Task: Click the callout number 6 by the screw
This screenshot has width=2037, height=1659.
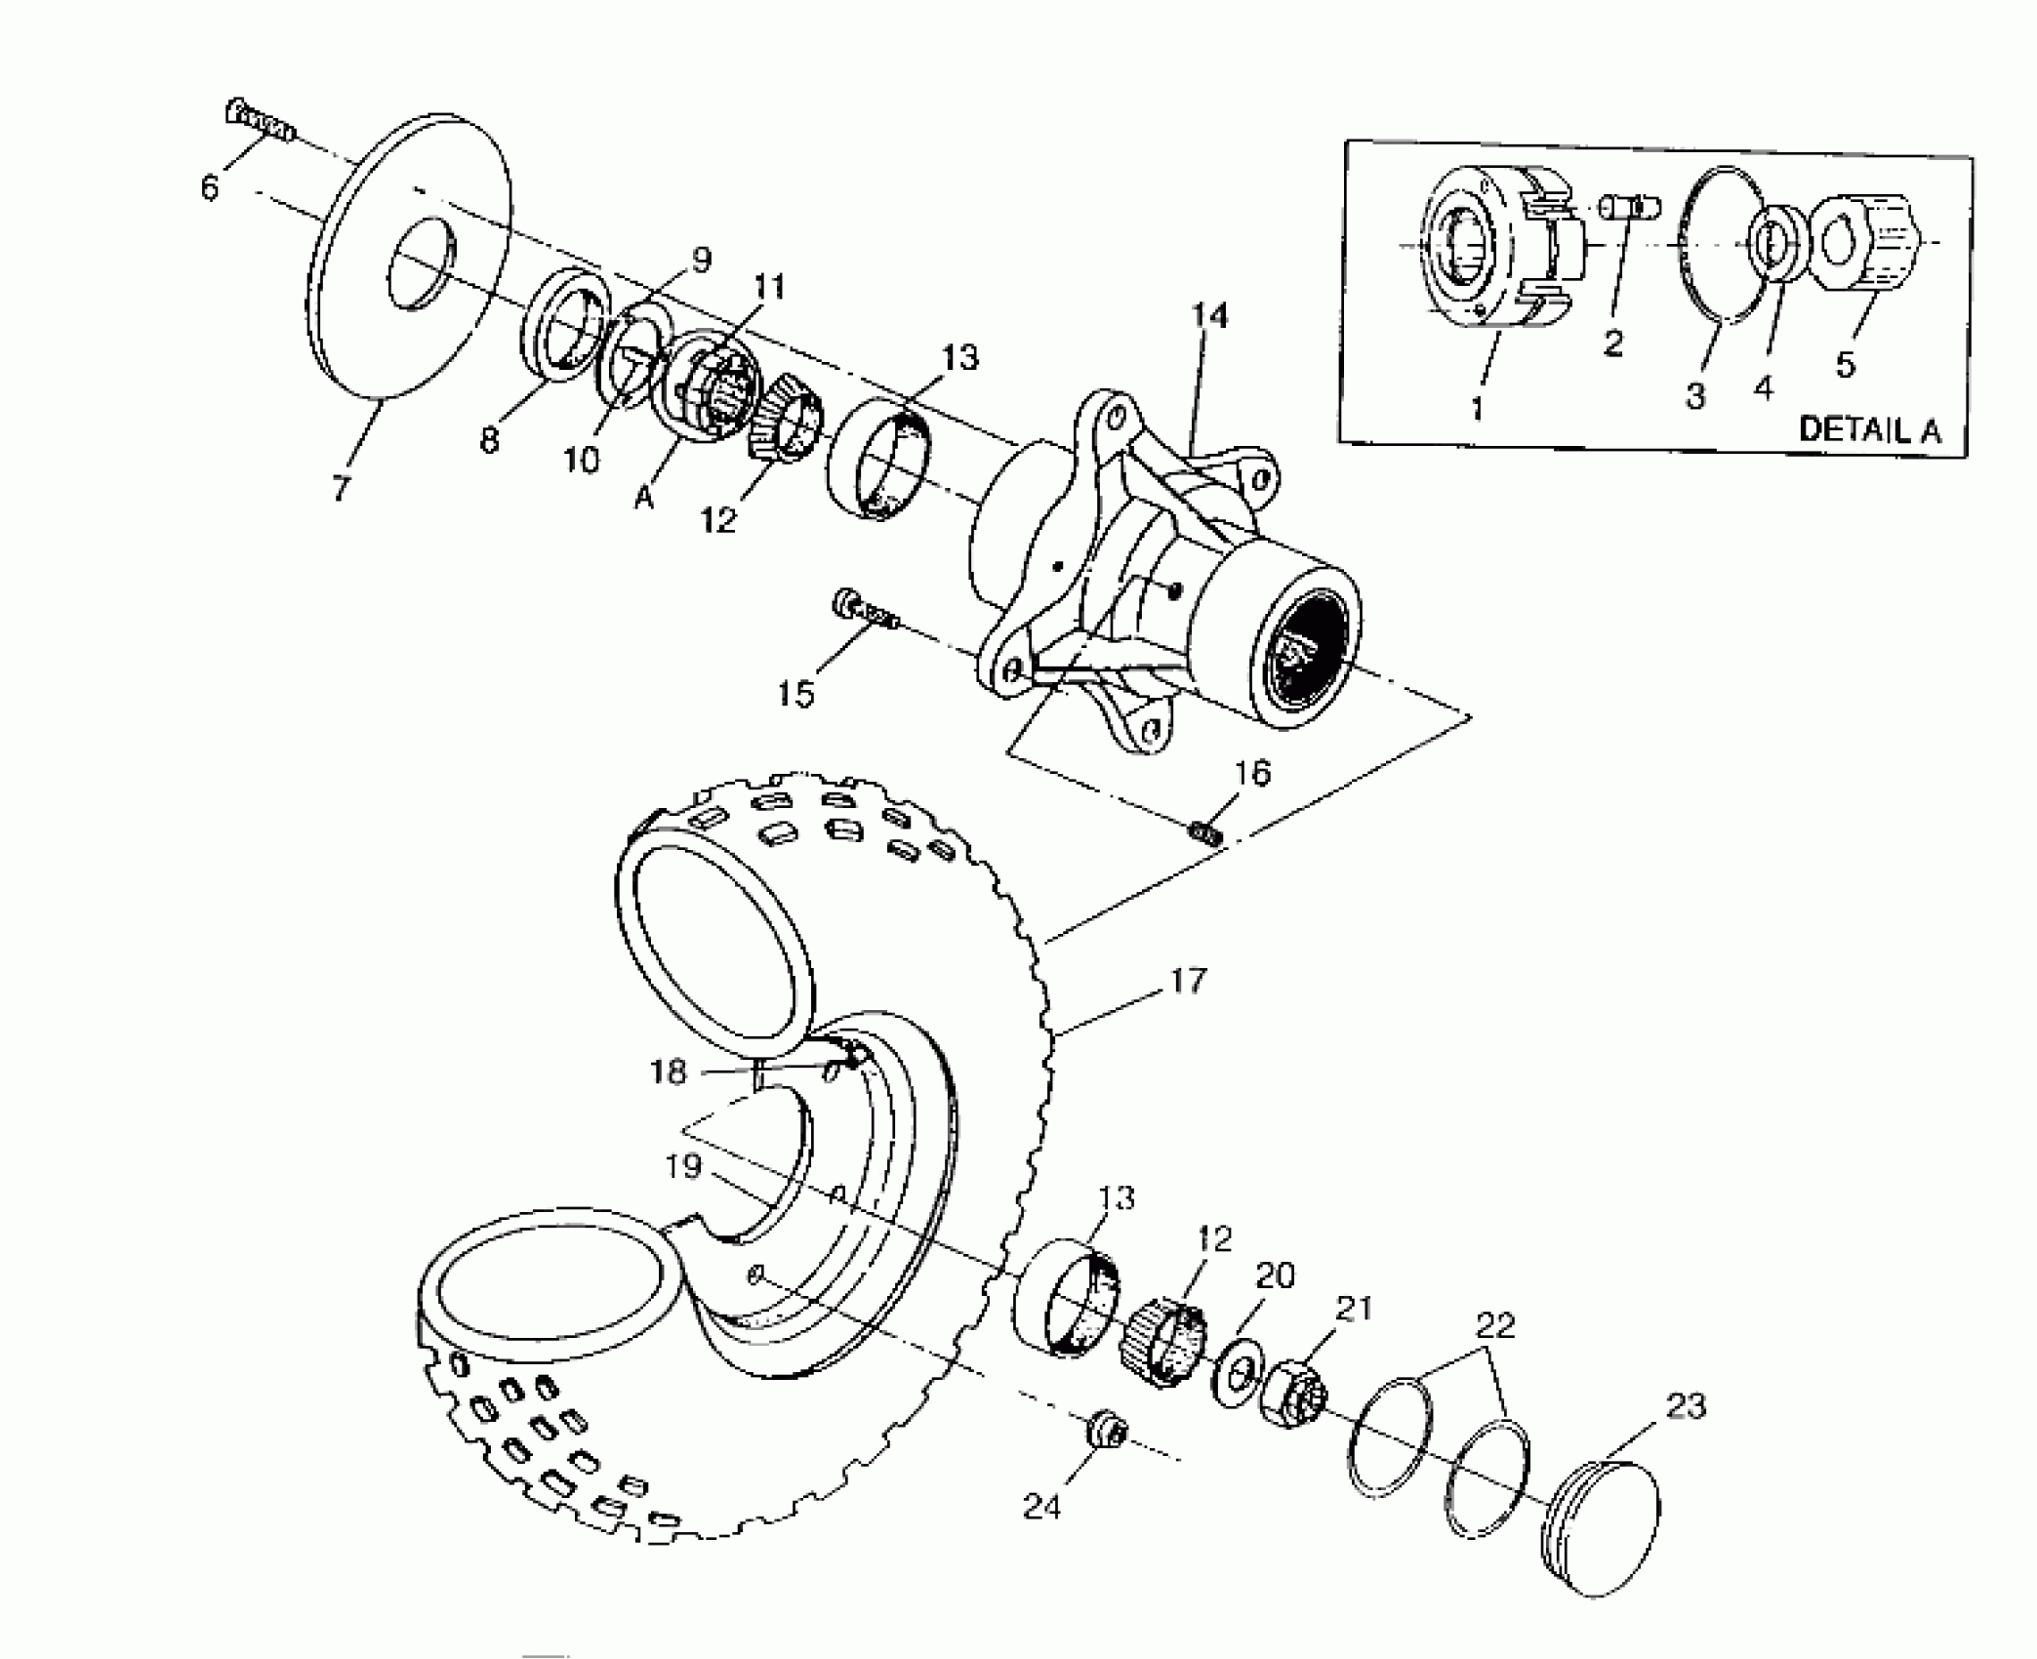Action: pyautogui.click(x=210, y=185)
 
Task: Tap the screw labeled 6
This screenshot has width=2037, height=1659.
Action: pyautogui.click(x=259, y=120)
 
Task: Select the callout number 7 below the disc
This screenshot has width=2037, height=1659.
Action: pyautogui.click(x=340, y=487)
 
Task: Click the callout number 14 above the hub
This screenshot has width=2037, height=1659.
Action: pyautogui.click(x=1209, y=315)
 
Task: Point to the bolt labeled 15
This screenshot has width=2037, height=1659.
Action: pyautogui.click(x=866, y=611)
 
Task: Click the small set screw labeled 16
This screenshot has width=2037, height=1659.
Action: pyautogui.click(x=1206, y=832)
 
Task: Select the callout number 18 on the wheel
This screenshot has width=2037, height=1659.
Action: pyautogui.click(x=669, y=1072)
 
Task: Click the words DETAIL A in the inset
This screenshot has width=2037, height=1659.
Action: pyautogui.click(x=1869, y=429)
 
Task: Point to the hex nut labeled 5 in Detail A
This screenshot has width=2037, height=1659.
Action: pyautogui.click(x=1864, y=244)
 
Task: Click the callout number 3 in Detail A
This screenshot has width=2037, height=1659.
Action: pyautogui.click(x=1695, y=395)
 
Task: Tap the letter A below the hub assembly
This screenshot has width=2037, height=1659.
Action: pyautogui.click(x=643, y=498)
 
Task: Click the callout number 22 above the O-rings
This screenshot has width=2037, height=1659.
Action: pyautogui.click(x=1494, y=1325)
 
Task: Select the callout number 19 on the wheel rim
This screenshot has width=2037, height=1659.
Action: pyautogui.click(x=683, y=1165)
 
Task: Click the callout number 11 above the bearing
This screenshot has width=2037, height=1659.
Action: pyautogui.click(x=769, y=287)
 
